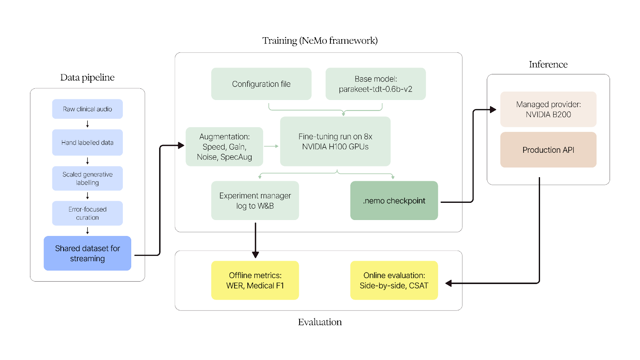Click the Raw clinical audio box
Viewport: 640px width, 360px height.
(x=87, y=109)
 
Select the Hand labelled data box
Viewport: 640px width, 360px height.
(x=87, y=142)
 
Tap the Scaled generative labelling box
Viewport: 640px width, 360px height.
(x=87, y=178)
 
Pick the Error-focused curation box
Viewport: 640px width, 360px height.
(x=87, y=213)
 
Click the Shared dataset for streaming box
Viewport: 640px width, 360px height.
(x=87, y=253)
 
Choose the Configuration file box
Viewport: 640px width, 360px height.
(x=261, y=84)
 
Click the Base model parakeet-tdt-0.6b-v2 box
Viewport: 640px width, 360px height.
(x=375, y=84)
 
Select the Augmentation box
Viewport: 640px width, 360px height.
(x=224, y=147)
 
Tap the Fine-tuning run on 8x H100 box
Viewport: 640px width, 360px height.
(x=335, y=142)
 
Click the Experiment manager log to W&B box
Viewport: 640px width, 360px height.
(x=255, y=200)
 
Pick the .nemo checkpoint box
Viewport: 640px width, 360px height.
(x=394, y=200)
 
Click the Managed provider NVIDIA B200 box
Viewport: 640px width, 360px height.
(x=548, y=109)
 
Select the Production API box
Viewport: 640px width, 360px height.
(x=548, y=150)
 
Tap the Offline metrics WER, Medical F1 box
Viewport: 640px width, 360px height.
(x=255, y=280)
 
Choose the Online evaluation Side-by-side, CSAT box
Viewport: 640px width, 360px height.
(x=394, y=280)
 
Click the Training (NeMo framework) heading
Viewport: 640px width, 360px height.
(x=320, y=41)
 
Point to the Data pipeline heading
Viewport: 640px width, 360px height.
(x=87, y=78)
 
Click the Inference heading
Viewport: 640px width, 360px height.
(x=548, y=65)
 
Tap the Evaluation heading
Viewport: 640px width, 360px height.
(x=320, y=322)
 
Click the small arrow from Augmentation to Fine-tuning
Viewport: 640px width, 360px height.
(x=271, y=146)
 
